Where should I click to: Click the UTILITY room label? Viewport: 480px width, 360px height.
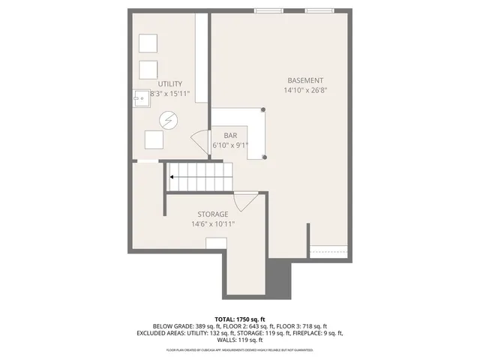coord(170,84)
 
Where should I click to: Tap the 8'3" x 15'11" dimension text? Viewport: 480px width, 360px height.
coord(170,94)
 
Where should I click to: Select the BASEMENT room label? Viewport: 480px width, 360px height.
coord(305,80)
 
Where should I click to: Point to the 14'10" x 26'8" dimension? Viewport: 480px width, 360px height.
coord(305,91)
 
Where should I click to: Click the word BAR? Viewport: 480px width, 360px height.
coord(230,135)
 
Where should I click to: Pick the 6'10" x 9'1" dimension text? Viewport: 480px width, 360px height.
coord(230,145)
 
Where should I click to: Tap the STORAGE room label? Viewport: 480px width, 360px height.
coord(213,214)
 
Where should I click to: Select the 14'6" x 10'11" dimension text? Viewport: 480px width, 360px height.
coord(213,223)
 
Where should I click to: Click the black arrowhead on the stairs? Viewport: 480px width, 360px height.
coord(172,178)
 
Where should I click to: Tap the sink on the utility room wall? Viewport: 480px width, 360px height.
coord(140,96)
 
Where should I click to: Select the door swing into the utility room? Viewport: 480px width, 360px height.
coord(199,140)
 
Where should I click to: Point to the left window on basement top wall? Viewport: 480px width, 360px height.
coord(268,10)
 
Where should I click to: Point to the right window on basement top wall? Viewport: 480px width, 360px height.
coord(320,10)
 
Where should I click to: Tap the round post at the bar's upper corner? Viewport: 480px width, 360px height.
coord(264,109)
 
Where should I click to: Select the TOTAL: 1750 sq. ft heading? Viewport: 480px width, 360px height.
coord(239,319)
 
